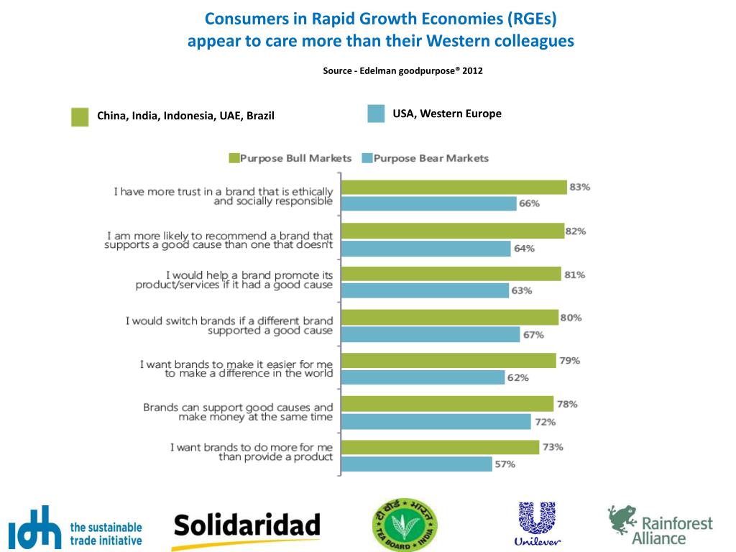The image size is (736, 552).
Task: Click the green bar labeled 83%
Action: (x=454, y=188)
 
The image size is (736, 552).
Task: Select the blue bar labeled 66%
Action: (x=428, y=204)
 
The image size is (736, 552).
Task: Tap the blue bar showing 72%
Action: (x=436, y=421)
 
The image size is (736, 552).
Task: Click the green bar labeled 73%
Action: (x=440, y=447)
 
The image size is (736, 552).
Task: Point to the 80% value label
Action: (x=571, y=318)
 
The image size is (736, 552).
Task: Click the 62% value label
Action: (x=518, y=378)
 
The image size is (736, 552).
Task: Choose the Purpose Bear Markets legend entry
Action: (x=425, y=158)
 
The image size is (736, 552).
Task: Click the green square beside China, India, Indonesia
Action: (x=80, y=116)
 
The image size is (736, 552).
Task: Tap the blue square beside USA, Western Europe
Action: (x=376, y=114)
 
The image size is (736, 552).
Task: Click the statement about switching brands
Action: (x=229, y=326)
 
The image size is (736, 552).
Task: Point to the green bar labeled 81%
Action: (x=451, y=274)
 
